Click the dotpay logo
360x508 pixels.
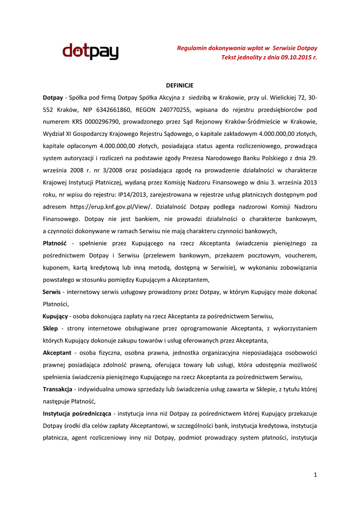tap(90, 52)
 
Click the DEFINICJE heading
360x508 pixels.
tap(179, 86)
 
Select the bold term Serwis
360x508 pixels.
tap(52, 292)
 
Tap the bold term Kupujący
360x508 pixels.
tap(55, 316)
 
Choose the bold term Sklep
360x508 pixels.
tap(51, 328)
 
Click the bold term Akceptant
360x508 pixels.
tap(57, 352)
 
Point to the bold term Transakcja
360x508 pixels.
tap(58, 389)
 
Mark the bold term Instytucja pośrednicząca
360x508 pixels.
tap(77, 413)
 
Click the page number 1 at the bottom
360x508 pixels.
tap(315, 475)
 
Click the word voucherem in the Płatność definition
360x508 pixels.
tap(299, 255)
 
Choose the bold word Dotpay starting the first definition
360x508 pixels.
tap(53, 98)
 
